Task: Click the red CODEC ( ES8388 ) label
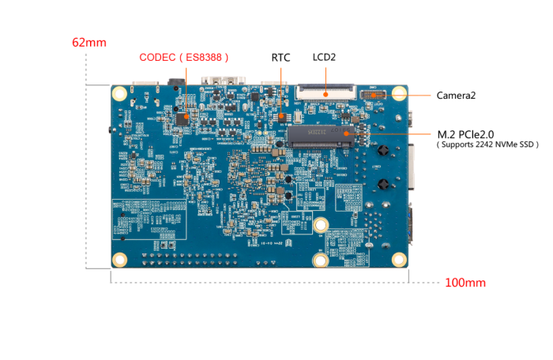click(x=184, y=58)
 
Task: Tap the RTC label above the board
click(x=280, y=58)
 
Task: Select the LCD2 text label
click(x=324, y=58)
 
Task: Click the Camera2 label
click(x=457, y=96)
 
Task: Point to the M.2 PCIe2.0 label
click(x=473, y=133)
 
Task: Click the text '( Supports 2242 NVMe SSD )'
click(x=487, y=145)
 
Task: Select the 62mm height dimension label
click(x=88, y=43)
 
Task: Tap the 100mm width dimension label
click(x=465, y=283)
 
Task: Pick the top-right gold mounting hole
click(x=398, y=93)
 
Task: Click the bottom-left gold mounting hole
click(x=120, y=259)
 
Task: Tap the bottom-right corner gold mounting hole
click(x=399, y=258)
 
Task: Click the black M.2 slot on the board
click(x=325, y=134)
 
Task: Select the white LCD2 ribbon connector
click(x=326, y=92)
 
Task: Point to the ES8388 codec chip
click(x=182, y=118)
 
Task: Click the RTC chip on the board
click(x=282, y=115)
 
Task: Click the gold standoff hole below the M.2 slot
click(x=320, y=226)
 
